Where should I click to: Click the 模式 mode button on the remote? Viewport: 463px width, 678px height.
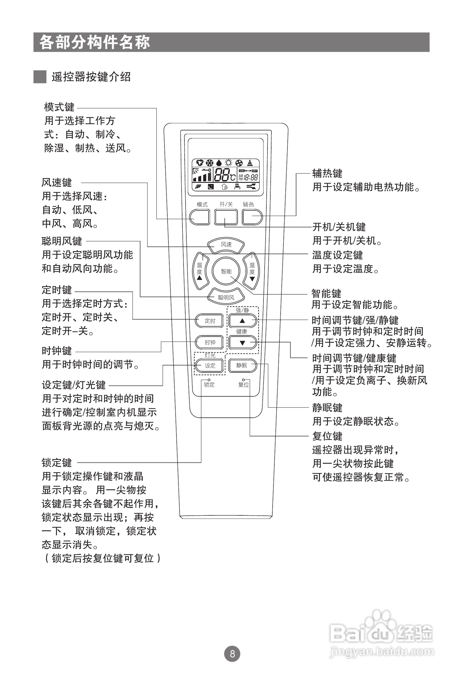[x=199, y=217]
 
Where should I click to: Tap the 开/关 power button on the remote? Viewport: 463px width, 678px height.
[x=226, y=217]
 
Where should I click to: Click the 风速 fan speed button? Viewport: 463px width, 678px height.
[x=226, y=245]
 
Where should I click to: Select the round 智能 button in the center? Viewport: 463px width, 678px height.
[x=226, y=271]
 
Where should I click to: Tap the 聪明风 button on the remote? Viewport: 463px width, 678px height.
[x=226, y=297]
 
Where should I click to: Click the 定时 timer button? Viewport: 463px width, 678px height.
[x=210, y=321]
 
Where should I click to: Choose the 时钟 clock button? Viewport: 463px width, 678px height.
[x=210, y=342]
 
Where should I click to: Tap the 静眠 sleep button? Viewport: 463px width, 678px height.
[x=242, y=365]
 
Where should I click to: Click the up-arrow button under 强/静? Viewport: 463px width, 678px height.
[x=242, y=321]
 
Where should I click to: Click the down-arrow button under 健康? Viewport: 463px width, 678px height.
[x=242, y=343]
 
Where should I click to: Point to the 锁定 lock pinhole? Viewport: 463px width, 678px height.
[x=209, y=380]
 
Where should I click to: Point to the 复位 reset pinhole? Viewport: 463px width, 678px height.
[x=244, y=380]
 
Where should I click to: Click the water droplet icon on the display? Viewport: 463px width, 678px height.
[x=219, y=163]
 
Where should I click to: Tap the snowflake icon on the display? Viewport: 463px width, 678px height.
[x=209, y=163]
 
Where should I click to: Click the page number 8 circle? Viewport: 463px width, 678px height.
[x=232, y=654]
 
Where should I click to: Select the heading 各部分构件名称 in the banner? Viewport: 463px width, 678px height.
[x=95, y=42]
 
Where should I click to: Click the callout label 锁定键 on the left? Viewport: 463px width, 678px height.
[x=57, y=463]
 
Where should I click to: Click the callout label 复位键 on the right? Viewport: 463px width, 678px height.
[x=327, y=436]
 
